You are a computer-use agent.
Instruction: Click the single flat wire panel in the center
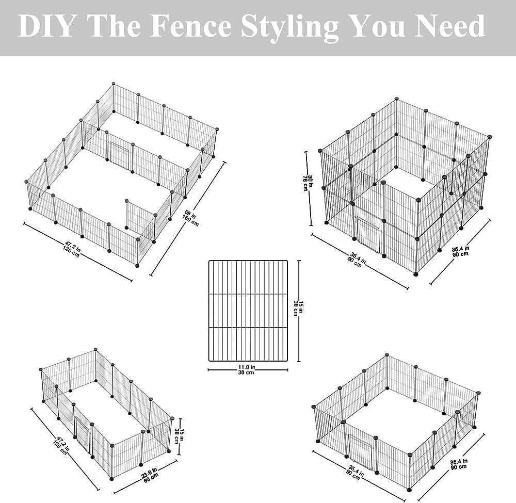[x=247, y=311]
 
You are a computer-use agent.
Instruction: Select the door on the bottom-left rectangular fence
[x=82, y=433]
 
